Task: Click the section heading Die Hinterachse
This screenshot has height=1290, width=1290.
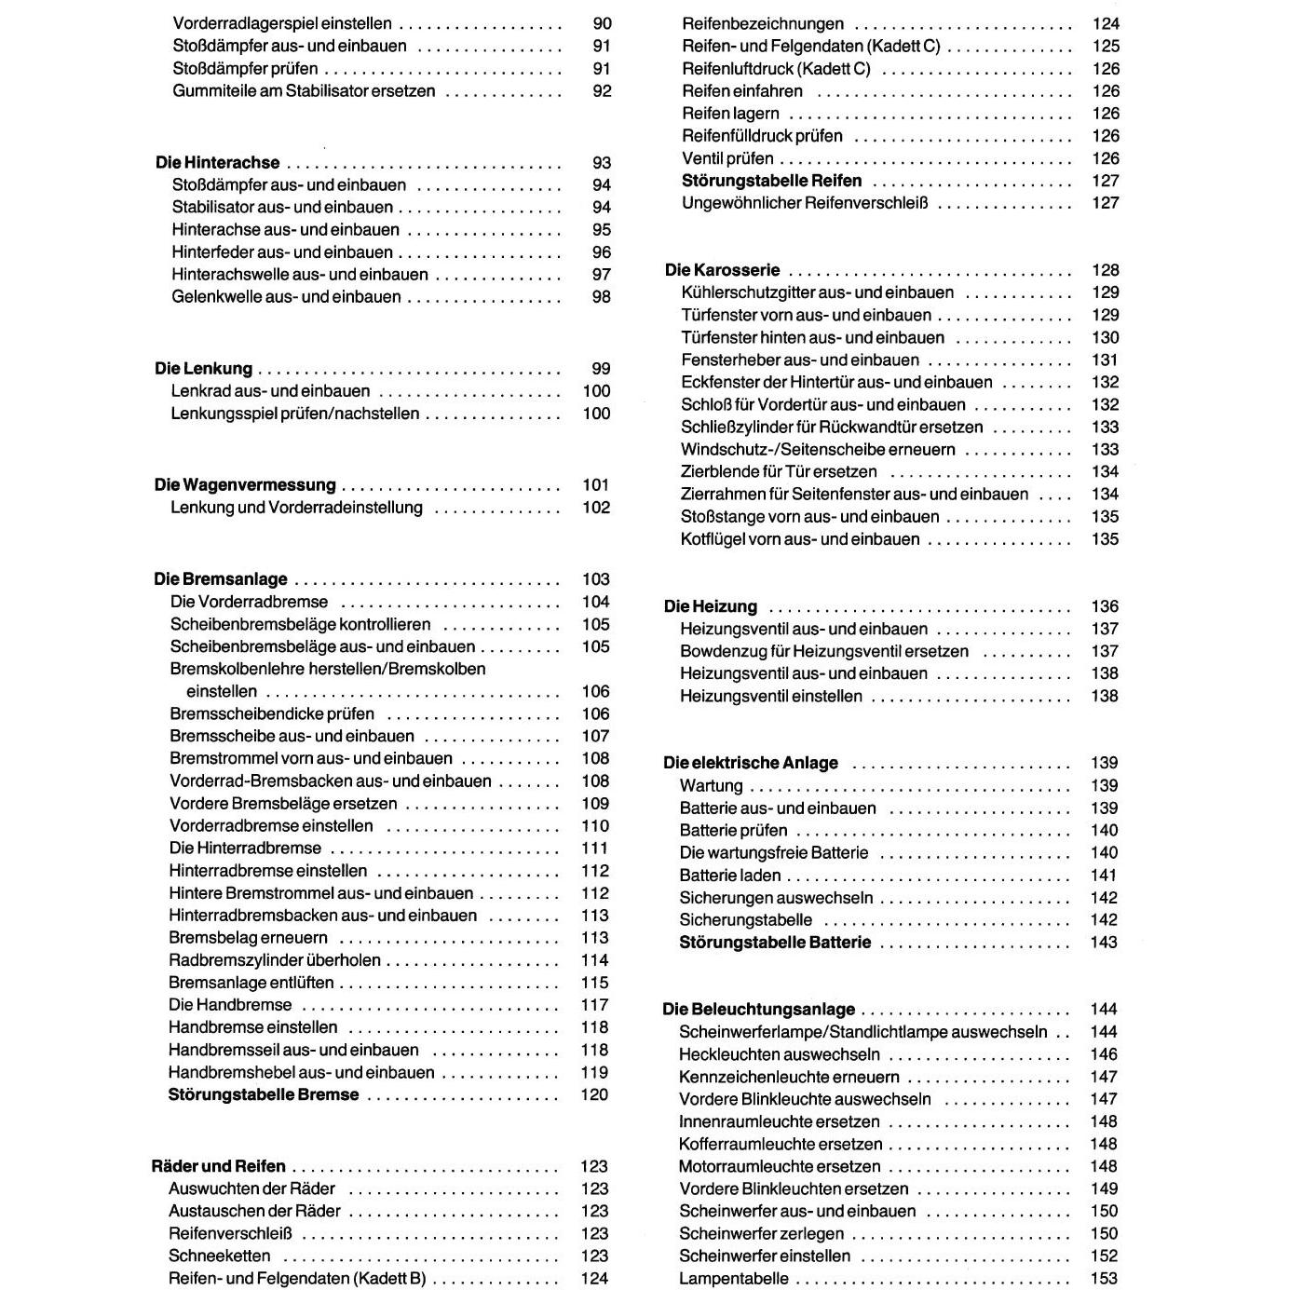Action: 217,163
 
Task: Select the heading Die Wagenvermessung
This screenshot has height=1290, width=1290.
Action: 244,485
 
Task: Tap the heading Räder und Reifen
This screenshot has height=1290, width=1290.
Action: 218,1166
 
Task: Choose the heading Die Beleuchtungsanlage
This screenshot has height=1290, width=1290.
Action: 758,1010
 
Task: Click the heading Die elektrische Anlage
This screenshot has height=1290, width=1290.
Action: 750,763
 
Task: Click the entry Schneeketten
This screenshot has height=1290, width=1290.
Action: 219,1256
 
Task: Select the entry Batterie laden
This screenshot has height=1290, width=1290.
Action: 729,876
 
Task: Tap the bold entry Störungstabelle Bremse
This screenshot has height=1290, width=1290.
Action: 263,1095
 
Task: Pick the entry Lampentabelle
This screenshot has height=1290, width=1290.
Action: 733,1279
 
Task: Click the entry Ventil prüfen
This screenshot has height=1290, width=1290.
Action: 727,158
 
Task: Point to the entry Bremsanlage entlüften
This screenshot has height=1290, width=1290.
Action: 251,983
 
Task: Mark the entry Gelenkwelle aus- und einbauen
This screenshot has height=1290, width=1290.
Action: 286,297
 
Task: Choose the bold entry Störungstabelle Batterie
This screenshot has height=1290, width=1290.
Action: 775,943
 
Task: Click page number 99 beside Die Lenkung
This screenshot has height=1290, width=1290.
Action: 601,369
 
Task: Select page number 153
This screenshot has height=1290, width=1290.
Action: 1104,1279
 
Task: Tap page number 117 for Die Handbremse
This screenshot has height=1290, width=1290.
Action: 594,1005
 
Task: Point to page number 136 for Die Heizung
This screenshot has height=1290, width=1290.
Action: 1105,606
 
